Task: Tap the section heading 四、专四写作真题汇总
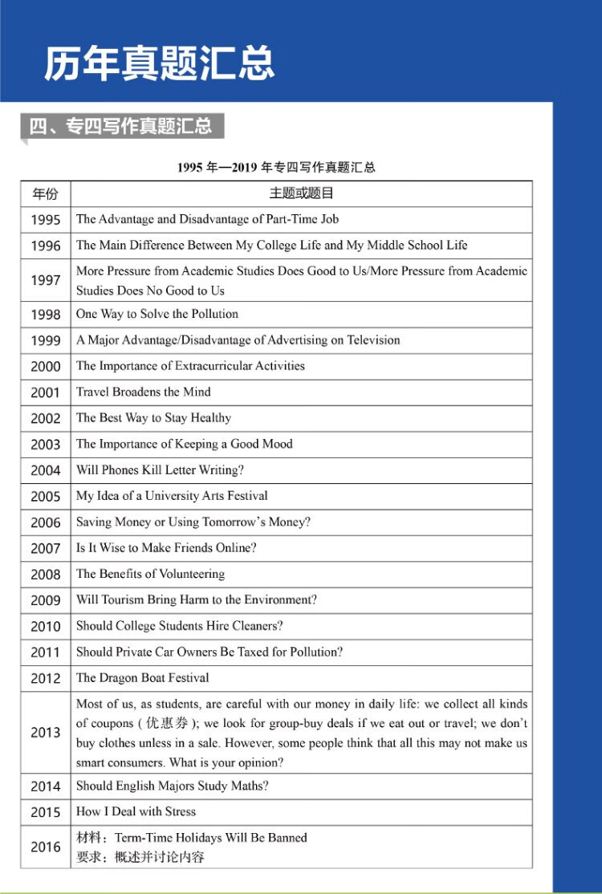[x=120, y=125]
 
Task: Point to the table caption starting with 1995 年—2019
[x=276, y=168]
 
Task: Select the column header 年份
[x=46, y=194]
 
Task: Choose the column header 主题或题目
[x=301, y=193]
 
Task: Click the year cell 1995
[x=46, y=220]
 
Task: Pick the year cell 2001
[x=46, y=392]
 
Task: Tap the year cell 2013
[x=46, y=733]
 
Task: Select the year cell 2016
[x=46, y=847]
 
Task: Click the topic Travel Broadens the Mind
[x=144, y=392]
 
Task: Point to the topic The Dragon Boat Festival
[x=143, y=678]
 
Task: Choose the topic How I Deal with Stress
[x=136, y=812]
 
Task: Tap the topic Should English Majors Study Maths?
[x=173, y=786]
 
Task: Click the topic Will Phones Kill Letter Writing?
[x=160, y=470]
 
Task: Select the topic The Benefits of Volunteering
[x=150, y=574]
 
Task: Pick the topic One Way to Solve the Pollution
[x=157, y=314]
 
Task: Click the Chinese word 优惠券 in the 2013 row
[x=165, y=723]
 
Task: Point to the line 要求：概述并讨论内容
[x=140, y=857]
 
